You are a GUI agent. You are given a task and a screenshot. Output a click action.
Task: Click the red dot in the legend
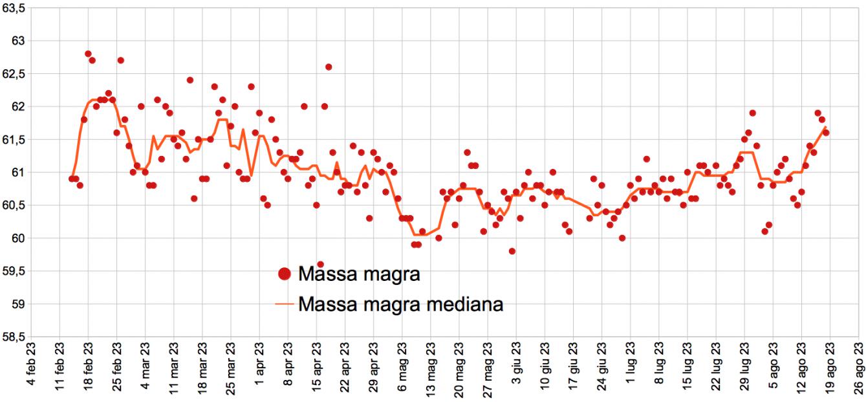pyautogui.click(x=284, y=274)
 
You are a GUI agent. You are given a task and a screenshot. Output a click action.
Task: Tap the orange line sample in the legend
pyautogui.click(x=284, y=304)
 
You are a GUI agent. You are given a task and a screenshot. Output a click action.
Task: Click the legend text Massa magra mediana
pyautogui.click(x=401, y=304)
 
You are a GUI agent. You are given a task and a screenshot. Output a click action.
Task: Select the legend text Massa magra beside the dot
pyautogui.click(x=360, y=274)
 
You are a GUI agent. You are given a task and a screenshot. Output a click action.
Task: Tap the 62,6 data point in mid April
pyautogui.click(x=329, y=67)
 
